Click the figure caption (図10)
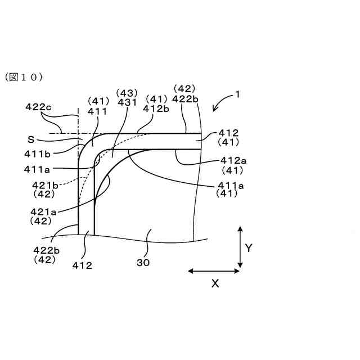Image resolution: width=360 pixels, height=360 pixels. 24,77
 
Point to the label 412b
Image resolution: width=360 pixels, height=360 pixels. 156,109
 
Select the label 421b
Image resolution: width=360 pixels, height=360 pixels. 44,184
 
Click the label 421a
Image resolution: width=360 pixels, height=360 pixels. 43,211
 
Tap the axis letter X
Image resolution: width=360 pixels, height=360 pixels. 215,284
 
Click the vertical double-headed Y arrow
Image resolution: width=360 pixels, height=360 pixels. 240,246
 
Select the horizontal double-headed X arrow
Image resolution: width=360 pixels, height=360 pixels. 214,271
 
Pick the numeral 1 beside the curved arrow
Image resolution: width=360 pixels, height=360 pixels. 238,95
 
